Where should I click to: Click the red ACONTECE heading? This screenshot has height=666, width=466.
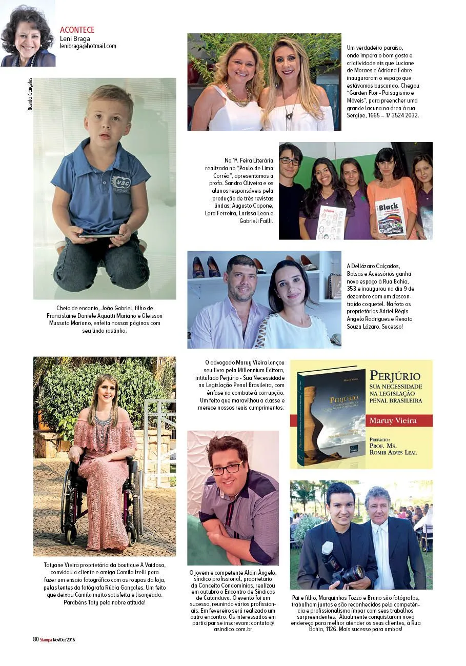[x=77, y=30]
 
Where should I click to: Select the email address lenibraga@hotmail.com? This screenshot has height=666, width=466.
[x=88, y=46]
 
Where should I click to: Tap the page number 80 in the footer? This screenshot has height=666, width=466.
[x=36, y=639]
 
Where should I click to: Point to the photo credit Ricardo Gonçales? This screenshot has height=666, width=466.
[x=30, y=95]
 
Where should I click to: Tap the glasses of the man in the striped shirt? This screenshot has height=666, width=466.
[x=226, y=468]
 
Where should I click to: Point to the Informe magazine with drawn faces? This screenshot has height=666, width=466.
[x=331, y=221]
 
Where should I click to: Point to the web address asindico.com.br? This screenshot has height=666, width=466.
[x=234, y=628]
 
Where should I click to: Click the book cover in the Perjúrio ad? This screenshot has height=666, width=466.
[x=331, y=415]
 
